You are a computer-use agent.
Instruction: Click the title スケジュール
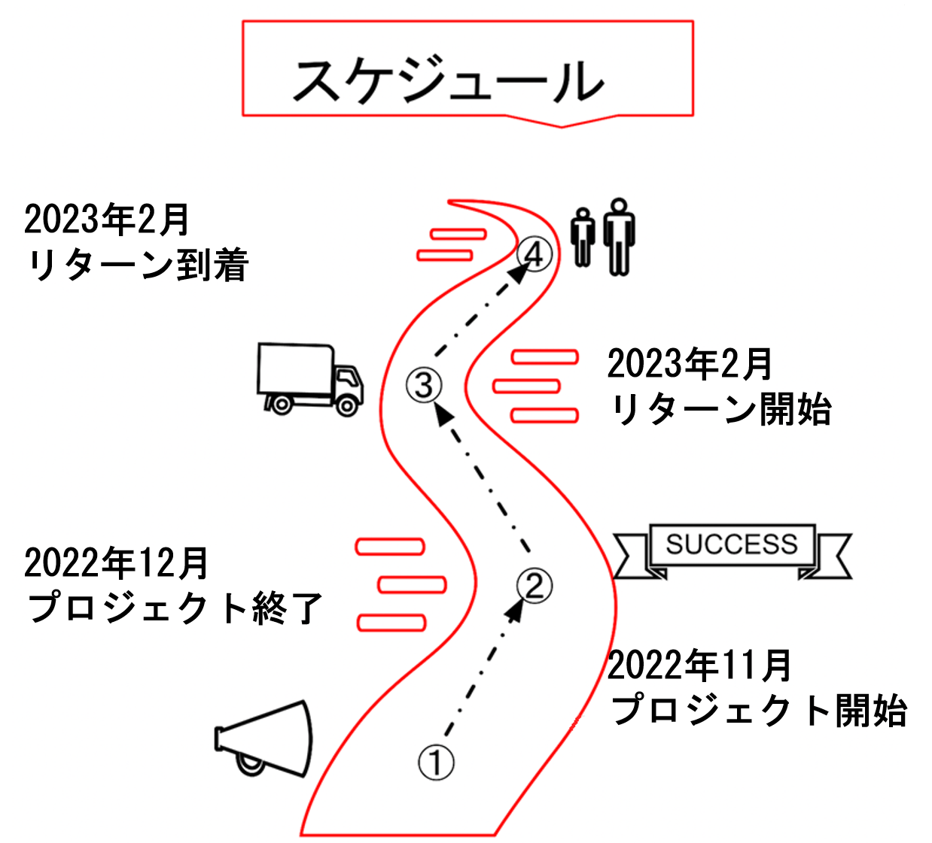click(x=449, y=80)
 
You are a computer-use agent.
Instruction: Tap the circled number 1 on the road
click(x=436, y=763)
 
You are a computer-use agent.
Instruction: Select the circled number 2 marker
click(x=535, y=585)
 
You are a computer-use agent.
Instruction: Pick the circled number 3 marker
click(x=424, y=385)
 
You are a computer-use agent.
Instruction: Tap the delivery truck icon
click(x=309, y=379)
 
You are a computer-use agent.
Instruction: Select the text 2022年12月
click(x=117, y=563)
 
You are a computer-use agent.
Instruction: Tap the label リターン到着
click(x=138, y=266)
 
